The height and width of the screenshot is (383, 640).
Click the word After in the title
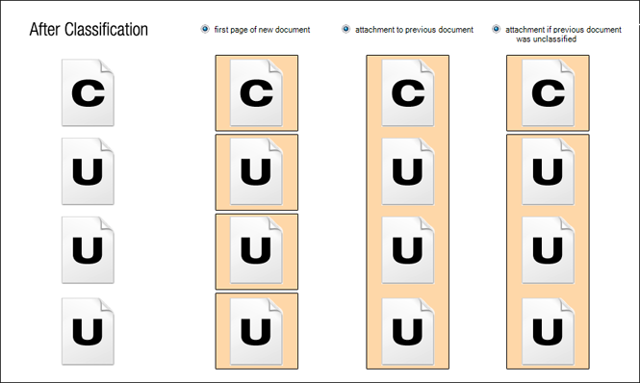(x=44, y=30)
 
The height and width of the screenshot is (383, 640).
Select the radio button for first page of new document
(x=205, y=29)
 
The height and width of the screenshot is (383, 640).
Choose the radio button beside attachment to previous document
(x=346, y=29)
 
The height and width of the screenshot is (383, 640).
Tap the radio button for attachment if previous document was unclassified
(x=497, y=29)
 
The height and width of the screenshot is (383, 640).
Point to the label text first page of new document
(x=262, y=30)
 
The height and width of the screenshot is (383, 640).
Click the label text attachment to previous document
(x=414, y=30)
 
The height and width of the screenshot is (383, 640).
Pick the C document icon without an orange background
(x=88, y=92)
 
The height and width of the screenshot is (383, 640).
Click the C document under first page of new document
(x=256, y=92)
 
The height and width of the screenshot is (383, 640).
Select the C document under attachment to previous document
(x=408, y=92)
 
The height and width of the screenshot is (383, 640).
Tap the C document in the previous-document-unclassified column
(x=548, y=92)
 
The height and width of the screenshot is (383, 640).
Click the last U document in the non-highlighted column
(x=88, y=330)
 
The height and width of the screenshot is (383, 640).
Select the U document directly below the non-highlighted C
(x=88, y=171)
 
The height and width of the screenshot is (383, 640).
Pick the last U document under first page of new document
(x=256, y=330)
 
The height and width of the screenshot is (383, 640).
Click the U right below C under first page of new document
(x=256, y=171)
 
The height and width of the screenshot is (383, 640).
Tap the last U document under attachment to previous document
(x=408, y=330)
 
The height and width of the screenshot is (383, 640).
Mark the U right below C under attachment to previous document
(x=408, y=171)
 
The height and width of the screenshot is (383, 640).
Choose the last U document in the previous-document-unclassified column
(x=548, y=330)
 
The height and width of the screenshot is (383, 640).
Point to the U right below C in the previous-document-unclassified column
(x=548, y=171)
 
